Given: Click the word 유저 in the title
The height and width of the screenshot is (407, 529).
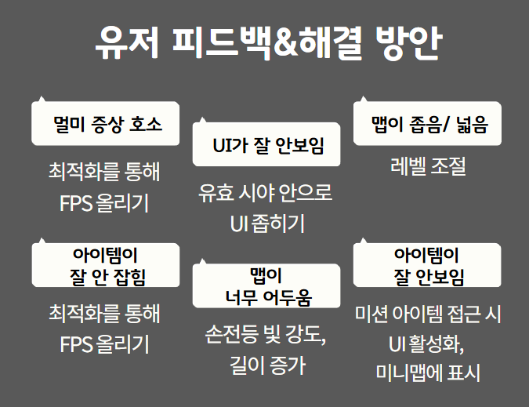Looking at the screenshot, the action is coord(119,44).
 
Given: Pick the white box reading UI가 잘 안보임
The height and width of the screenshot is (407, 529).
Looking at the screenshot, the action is coord(267,145).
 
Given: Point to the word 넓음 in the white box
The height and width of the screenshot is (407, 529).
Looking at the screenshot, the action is coord(469,124).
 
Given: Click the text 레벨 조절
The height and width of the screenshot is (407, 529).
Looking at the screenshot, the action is coord(428,166).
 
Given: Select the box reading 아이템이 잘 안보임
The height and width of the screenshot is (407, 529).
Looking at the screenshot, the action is coord(427,266).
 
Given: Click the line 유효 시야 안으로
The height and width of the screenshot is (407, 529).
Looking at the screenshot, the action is coord(266,193).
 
